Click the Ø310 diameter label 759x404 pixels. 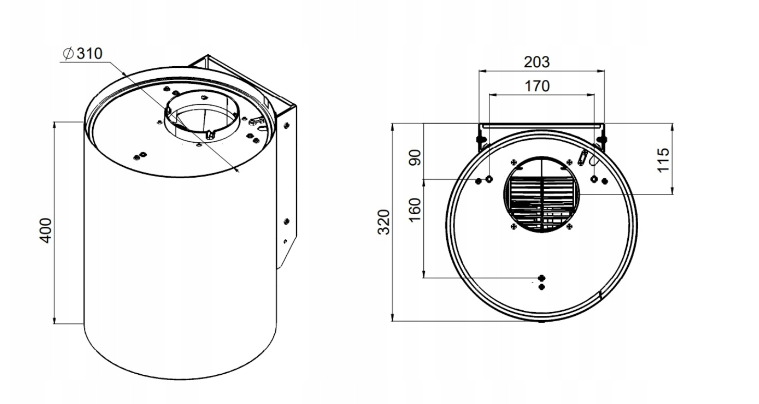pos(83,54)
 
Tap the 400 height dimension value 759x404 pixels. pos(46,229)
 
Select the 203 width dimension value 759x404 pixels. pos(536,62)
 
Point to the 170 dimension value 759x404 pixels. pos(537,85)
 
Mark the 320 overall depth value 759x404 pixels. pos(384,222)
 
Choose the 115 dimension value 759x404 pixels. pos(663,160)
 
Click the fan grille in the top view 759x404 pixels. pos(541,194)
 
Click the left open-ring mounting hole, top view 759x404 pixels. pos(489,179)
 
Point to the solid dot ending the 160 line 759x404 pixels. pos(541,277)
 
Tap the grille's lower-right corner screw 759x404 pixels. pos(569,226)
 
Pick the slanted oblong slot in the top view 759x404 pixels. pos(584,155)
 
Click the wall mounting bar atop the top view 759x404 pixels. pos(541,126)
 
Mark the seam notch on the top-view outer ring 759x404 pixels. pos(601,295)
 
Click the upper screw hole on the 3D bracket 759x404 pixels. pos(286,125)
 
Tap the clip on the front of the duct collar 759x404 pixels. pos(210,134)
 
